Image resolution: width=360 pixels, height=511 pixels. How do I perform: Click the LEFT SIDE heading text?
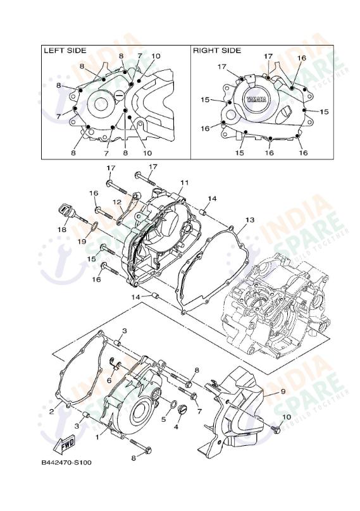click(64, 50)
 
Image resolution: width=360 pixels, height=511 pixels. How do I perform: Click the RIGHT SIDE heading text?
click(217, 50)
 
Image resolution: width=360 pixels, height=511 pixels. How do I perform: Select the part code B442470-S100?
click(66, 462)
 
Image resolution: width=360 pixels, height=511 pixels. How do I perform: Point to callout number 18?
click(62, 230)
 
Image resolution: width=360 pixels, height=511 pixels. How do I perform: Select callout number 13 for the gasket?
click(249, 219)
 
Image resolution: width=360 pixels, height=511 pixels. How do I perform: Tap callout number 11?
click(183, 183)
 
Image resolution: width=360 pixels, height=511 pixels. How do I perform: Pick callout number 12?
click(117, 202)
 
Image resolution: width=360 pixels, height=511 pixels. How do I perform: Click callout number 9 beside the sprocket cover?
click(283, 391)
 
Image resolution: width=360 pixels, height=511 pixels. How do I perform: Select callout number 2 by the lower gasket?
click(51, 412)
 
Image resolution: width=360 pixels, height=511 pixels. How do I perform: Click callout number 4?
click(176, 426)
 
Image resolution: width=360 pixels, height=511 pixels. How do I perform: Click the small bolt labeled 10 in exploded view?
click(275, 429)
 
